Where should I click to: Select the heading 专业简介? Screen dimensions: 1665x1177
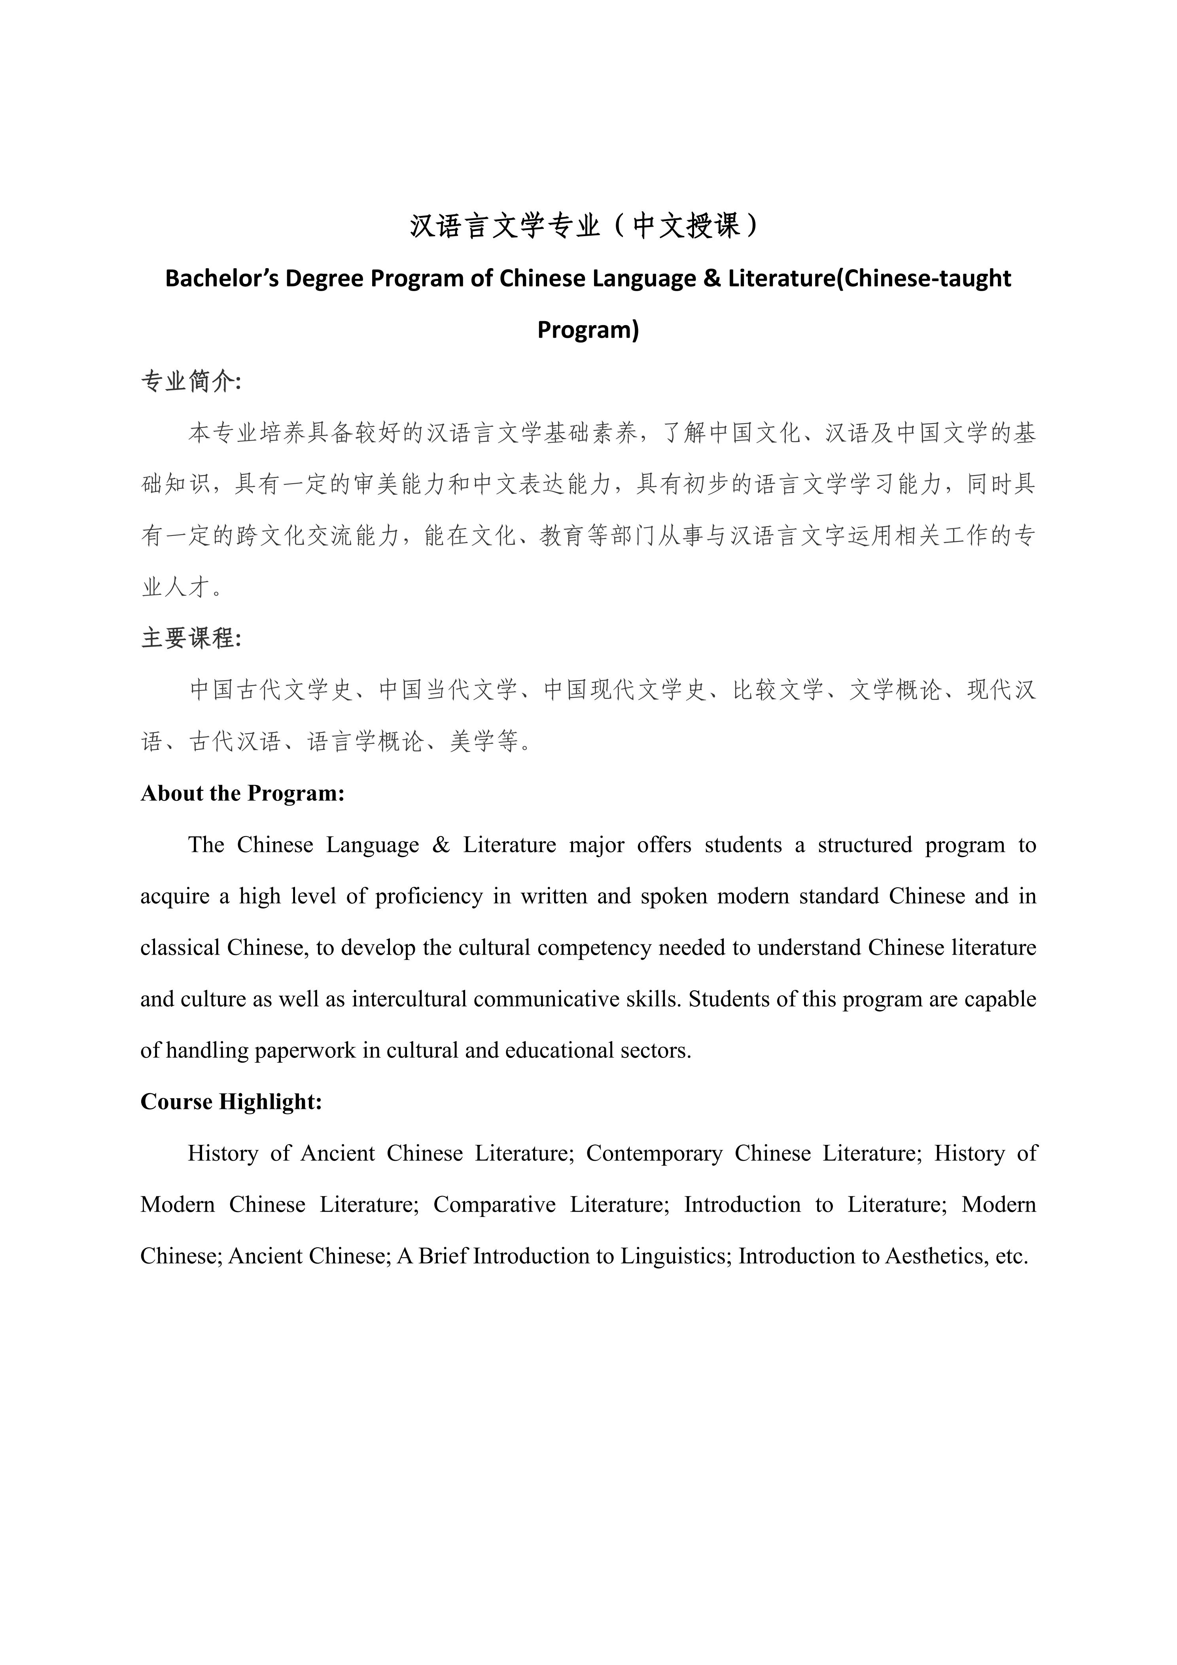click(x=190, y=381)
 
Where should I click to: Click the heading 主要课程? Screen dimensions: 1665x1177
click(x=190, y=638)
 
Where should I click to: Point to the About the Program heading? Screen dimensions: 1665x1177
click(x=242, y=793)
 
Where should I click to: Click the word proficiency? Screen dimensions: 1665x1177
click(x=429, y=896)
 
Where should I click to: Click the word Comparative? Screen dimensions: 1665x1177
click(x=495, y=1205)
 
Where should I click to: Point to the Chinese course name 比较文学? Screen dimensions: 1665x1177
click(x=778, y=690)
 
